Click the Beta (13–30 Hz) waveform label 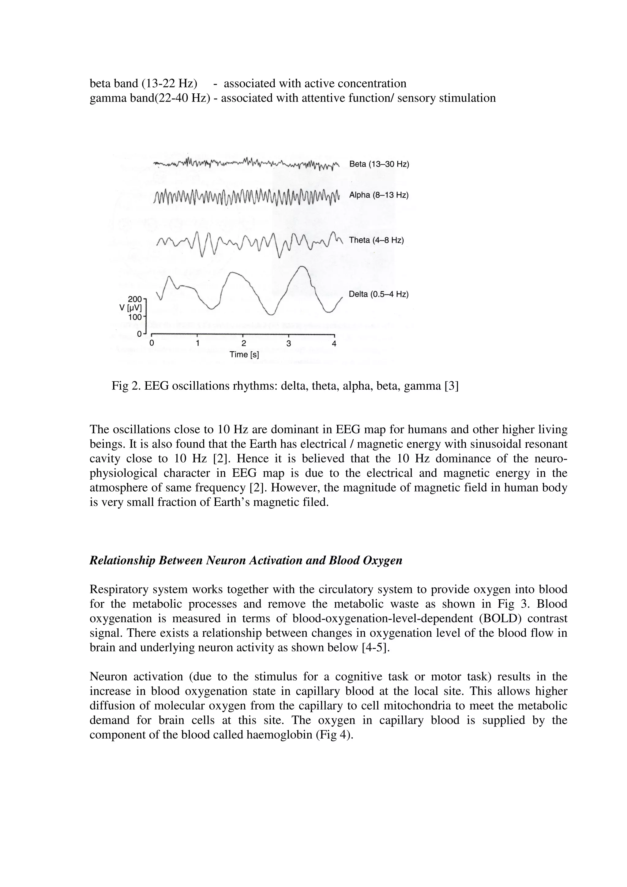point(379,164)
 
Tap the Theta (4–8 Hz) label point(376,240)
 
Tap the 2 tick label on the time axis point(243,343)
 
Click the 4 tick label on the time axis point(334,343)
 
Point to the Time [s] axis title point(244,354)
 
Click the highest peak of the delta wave point(303,267)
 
